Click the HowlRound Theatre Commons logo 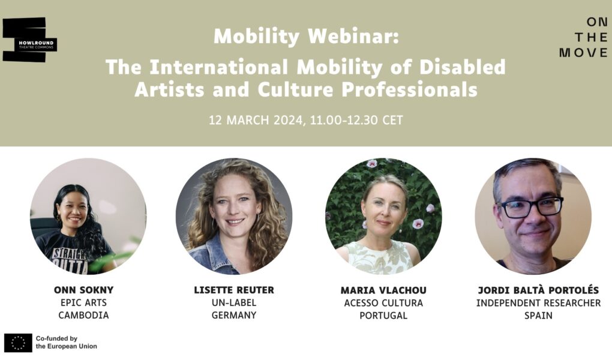tap(29, 40)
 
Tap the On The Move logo tap(584, 37)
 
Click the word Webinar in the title tap(353, 37)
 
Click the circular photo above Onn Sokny tap(88, 217)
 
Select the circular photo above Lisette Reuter tap(234, 217)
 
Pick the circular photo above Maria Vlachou tap(383, 217)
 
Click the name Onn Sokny tap(84, 290)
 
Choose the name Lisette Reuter tap(234, 290)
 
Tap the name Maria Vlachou tap(383, 290)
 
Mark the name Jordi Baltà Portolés tap(539, 290)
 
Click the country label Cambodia tap(84, 315)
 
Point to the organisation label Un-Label tap(234, 302)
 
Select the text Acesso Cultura tap(383, 303)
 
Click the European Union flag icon tap(18, 343)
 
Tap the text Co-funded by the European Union tap(67, 343)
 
